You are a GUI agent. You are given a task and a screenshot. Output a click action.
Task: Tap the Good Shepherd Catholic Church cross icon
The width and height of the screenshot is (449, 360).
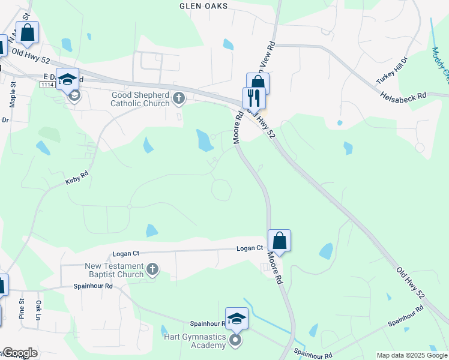178,97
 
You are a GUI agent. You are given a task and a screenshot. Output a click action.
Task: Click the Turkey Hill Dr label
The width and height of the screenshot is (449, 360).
391,71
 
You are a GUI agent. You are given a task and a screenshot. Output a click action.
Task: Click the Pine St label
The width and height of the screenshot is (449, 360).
21,312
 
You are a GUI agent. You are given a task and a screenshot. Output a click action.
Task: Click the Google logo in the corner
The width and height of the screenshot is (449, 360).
19,353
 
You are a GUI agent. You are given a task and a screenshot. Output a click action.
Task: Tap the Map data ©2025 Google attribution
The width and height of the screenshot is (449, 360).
412,355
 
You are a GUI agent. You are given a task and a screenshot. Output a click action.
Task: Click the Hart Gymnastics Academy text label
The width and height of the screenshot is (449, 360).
196,341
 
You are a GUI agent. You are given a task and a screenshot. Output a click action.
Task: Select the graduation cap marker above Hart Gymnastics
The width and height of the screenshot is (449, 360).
237,318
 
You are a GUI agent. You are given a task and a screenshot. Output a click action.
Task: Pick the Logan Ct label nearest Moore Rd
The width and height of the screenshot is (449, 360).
250,248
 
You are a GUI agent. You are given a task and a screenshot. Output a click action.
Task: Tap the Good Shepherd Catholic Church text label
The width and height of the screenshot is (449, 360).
140,99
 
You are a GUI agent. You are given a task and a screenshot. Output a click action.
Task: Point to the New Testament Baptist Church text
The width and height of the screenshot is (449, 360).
114,270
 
